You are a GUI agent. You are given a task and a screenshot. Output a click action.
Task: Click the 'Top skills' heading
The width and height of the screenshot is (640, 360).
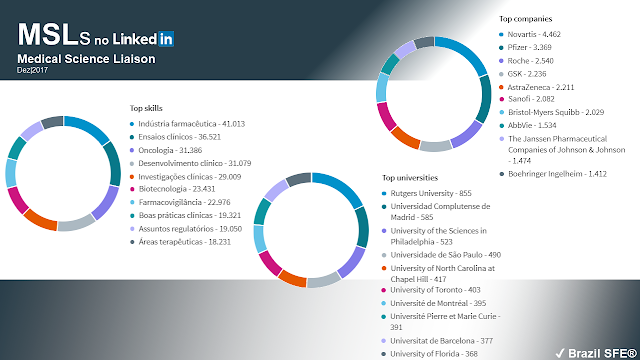(147, 107)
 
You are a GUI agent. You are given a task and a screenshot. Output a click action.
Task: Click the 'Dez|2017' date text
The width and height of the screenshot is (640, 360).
(33, 71)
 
